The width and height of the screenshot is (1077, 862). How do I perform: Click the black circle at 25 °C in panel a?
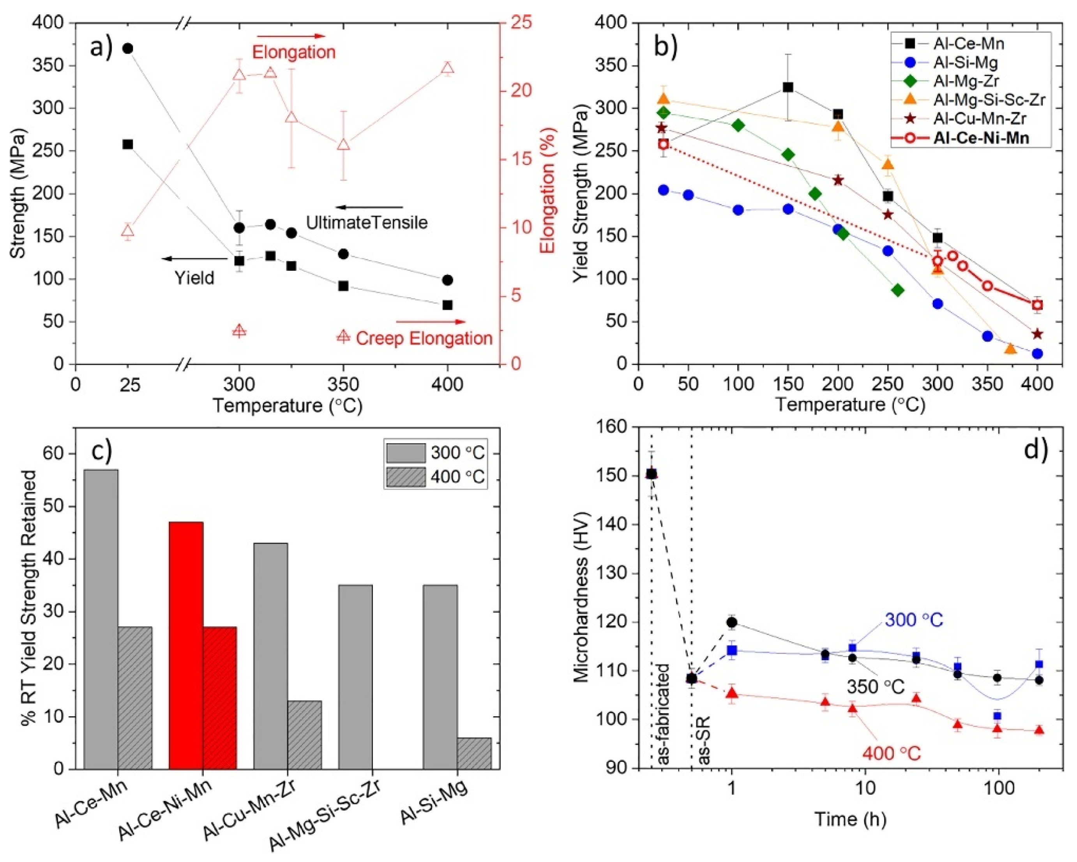click(x=127, y=48)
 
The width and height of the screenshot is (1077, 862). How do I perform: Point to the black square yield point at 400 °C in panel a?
click(x=448, y=305)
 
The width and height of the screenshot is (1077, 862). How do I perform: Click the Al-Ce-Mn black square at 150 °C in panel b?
click(x=788, y=87)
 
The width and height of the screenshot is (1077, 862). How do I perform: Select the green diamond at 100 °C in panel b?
click(x=738, y=125)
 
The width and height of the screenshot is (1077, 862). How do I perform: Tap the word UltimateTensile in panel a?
click(x=367, y=222)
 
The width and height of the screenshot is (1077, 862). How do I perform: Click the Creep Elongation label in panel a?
click(x=424, y=338)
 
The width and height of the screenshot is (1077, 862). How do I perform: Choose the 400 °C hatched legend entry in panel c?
click(x=434, y=476)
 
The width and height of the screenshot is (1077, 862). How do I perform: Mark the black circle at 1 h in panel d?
click(x=732, y=622)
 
